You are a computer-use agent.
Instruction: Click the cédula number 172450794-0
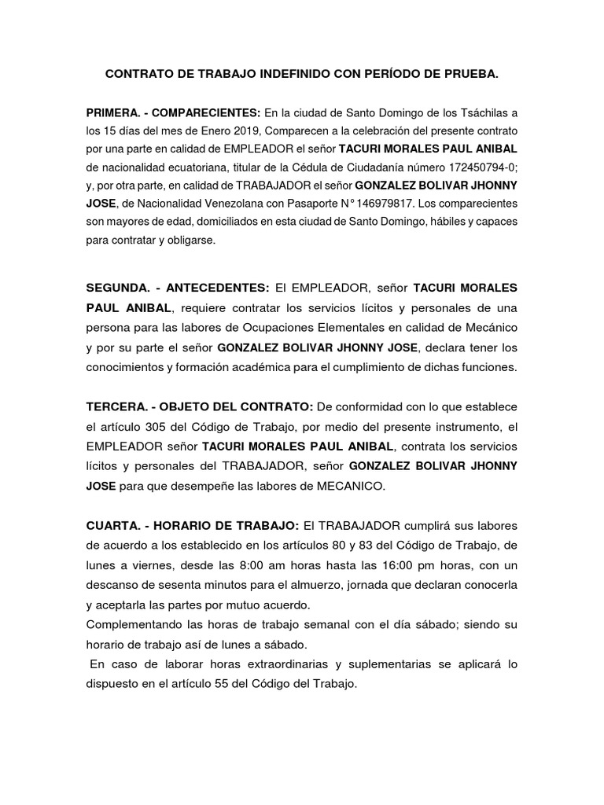tap(477, 167)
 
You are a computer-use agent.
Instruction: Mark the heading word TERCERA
tap(119, 407)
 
